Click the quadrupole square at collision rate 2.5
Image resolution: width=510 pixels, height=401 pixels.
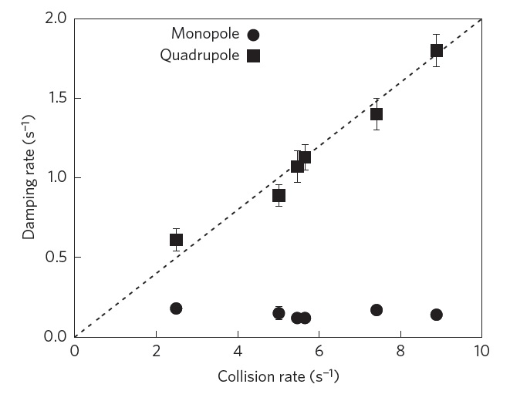176,240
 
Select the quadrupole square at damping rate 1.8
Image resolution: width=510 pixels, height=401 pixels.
437,50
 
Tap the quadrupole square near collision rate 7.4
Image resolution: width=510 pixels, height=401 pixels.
377,114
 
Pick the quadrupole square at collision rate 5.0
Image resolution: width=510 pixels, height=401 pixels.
279,195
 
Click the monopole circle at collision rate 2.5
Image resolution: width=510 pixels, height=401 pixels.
176,308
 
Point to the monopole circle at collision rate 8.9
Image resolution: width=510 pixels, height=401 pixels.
437,315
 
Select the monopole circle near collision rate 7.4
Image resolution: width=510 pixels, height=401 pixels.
377,310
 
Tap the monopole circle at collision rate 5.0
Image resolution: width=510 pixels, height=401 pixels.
279,313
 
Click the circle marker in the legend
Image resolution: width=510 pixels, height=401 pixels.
254,35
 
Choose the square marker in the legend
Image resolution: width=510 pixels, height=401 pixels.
254,56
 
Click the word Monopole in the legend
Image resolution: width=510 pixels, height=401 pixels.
205,34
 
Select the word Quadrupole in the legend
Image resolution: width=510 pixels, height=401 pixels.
200,56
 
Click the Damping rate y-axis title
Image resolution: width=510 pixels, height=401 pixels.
29,177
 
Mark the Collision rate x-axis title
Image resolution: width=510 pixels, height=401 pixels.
279,376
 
